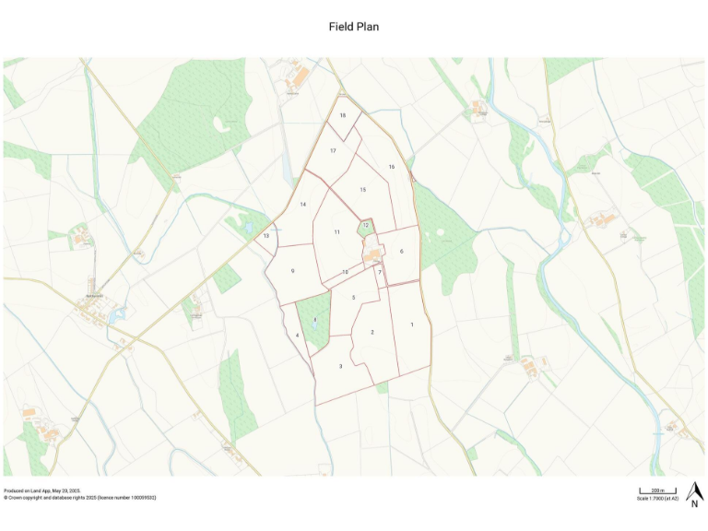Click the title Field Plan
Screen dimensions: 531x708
pos(354,27)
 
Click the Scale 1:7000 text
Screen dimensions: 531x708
pos(657,498)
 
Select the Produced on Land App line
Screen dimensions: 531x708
pos(41,490)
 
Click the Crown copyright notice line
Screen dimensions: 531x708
pos(79,498)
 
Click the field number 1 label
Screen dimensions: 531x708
pos(412,324)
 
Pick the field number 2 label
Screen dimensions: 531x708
pos(372,332)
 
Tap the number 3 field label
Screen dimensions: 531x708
pos(341,366)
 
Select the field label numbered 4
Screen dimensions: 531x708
pos(298,335)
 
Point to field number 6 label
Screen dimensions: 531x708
pos(402,251)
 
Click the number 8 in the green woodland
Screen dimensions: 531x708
pos(315,320)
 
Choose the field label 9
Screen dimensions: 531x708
pos(292,271)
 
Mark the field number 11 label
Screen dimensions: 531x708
pos(337,232)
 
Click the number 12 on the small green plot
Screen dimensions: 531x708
pos(366,224)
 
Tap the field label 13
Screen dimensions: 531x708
pos(266,237)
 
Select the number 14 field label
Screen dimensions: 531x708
pos(302,204)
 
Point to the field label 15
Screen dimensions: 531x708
pos(363,189)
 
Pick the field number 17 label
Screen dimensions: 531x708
pos(333,150)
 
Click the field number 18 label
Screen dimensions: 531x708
pos(342,115)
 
